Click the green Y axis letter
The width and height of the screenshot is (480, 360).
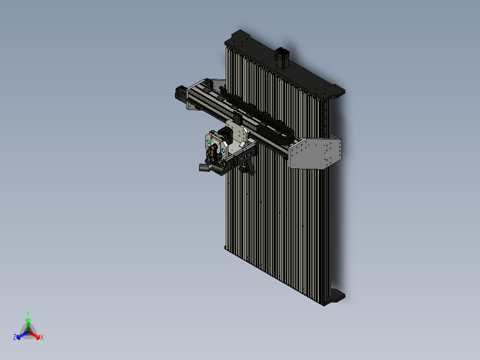(28, 313)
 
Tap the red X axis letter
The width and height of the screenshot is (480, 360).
(42, 338)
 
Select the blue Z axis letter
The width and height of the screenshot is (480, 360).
(14, 337)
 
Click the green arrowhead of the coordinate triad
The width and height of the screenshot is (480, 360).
(28, 320)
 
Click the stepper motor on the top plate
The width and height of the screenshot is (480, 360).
(282, 56)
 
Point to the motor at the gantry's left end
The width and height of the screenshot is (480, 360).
(180, 94)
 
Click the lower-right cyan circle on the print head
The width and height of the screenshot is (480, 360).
(223, 151)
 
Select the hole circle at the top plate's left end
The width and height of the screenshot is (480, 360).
(241, 44)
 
